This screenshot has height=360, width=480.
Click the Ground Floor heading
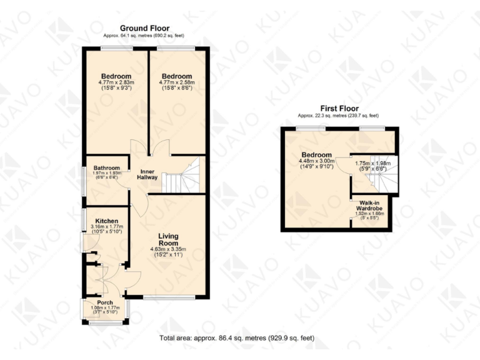(144, 28)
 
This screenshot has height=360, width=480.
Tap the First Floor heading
(338, 107)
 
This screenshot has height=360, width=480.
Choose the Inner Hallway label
(147, 174)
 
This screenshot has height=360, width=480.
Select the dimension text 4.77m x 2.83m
(116, 82)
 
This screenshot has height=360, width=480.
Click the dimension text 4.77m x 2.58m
(177, 82)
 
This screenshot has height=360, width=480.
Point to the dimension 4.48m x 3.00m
(316, 161)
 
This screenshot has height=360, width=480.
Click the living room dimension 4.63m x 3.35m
(165, 249)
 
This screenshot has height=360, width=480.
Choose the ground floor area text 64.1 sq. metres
(144, 36)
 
